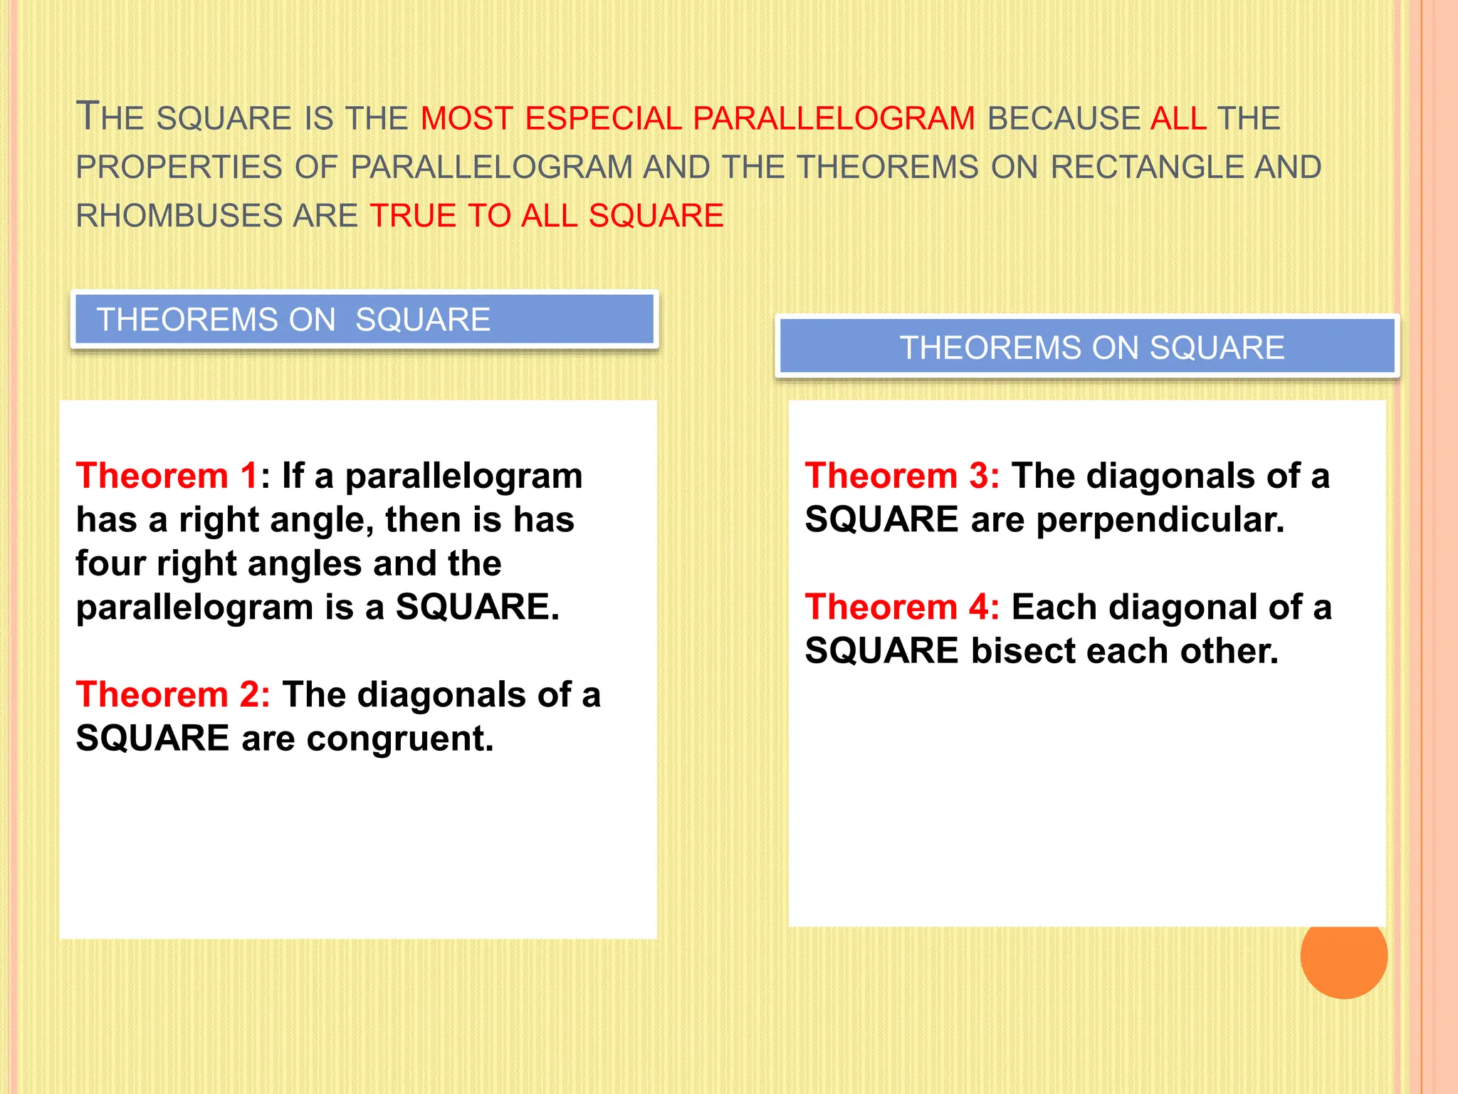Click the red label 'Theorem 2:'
point(173,694)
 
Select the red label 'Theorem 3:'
point(902,476)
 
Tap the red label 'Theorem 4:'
point(902,608)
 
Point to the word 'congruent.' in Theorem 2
point(400,739)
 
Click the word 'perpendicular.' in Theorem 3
point(1160,520)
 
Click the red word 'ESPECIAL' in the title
point(603,118)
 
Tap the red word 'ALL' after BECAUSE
point(1178,118)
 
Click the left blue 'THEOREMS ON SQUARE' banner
point(364,319)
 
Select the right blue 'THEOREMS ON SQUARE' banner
point(1087,348)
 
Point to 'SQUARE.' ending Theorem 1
point(477,608)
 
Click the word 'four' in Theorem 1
point(111,563)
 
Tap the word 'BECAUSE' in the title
point(1064,118)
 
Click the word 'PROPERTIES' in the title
point(179,167)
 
